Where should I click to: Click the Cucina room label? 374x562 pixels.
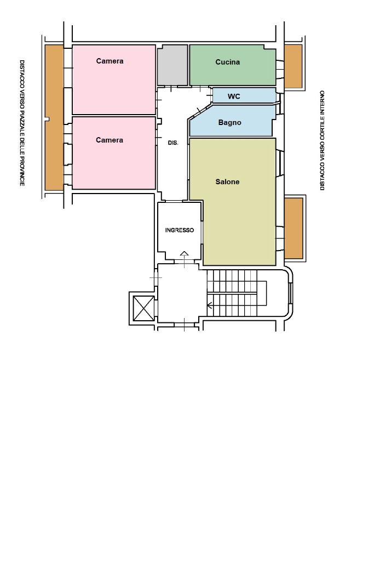pyautogui.click(x=227, y=62)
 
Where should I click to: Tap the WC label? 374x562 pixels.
pyautogui.click(x=234, y=96)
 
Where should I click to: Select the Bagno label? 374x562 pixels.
pyautogui.click(x=229, y=123)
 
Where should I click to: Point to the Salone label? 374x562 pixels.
pyautogui.click(x=227, y=181)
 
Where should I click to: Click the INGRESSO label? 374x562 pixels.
pyautogui.click(x=179, y=230)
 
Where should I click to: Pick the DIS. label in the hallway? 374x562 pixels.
pyautogui.click(x=173, y=143)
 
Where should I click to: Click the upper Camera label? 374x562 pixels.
pyautogui.click(x=110, y=61)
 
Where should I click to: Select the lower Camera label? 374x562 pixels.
pyautogui.click(x=110, y=140)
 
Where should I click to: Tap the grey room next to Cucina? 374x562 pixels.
pyautogui.click(x=172, y=65)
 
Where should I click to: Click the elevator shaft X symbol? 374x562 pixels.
pyautogui.click(x=143, y=308)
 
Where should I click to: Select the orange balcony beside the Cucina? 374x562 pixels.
pyautogui.click(x=293, y=66)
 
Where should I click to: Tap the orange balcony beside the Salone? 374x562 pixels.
pyautogui.click(x=294, y=228)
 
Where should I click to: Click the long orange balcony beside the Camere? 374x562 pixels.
pyautogui.click(x=54, y=117)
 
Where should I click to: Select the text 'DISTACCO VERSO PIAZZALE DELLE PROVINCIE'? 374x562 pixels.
pyautogui.click(x=22, y=123)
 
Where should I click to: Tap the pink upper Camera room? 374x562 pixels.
pyautogui.click(x=114, y=80)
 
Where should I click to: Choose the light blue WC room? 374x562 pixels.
pyautogui.click(x=244, y=95)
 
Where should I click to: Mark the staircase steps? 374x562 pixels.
pyautogui.click(x=232, y=293)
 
